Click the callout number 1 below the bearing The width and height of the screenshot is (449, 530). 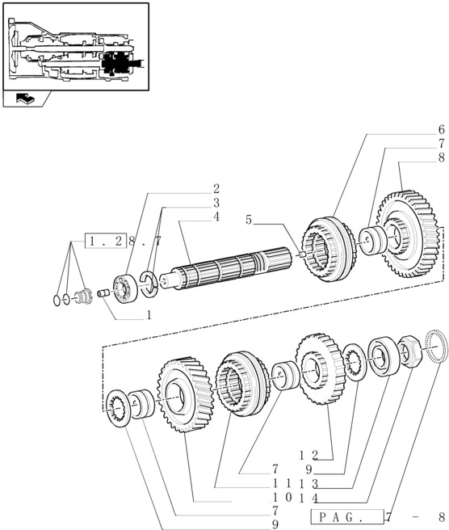click(149, 315)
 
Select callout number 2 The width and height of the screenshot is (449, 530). click(216, 188)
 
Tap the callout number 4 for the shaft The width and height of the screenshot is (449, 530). click(216, 217)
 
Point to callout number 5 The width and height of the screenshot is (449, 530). click(249, 220)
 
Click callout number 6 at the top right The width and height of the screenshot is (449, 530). click(441, 129)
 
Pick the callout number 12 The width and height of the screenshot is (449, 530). click(309, 456)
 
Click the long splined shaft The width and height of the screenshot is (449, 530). click(225, 269)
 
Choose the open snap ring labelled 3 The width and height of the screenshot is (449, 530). click(149, 284)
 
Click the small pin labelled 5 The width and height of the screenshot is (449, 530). click(302, 254)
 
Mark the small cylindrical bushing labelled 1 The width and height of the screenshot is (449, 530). click(103, 292)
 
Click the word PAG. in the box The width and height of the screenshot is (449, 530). click(337, 517)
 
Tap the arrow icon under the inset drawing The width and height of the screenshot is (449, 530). click(25, 99)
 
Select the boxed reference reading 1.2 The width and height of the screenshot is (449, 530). click(105, 241)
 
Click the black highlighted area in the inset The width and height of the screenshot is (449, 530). click(115, 64)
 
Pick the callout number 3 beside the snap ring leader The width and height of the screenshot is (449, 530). click(216, 203)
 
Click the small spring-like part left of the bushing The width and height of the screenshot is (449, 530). click(83, 296)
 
